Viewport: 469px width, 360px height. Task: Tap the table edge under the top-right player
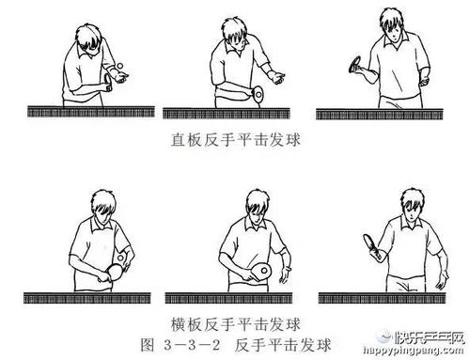pyautogui.click(x=387, y=113)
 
